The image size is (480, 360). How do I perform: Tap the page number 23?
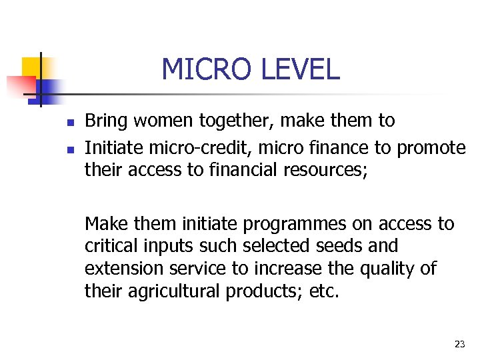pyautogui.click(x=459, y=344)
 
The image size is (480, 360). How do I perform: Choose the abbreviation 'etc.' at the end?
pyautogui.click(x=323, y=291)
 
